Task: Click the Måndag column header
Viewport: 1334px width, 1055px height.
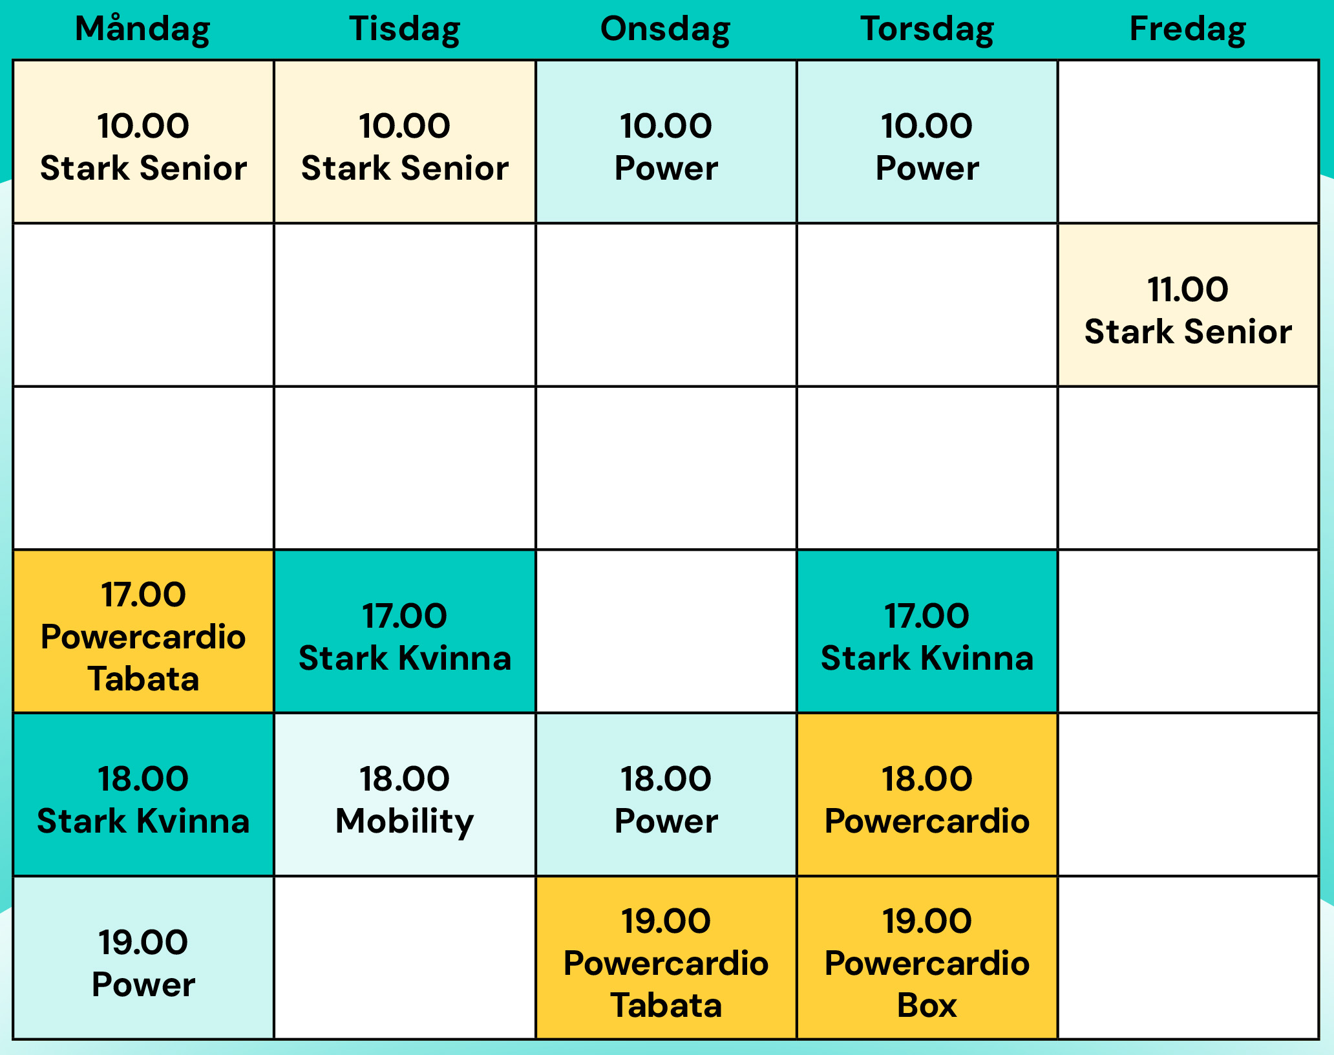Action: (143, 30)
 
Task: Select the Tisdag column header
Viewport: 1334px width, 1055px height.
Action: (405, 30)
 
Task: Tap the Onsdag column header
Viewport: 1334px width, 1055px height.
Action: (666, 30)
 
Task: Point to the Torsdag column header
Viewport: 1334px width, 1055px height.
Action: (927, 30)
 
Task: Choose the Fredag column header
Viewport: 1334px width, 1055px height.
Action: (1188, 30)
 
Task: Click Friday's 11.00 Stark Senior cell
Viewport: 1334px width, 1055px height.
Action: (1188, 305)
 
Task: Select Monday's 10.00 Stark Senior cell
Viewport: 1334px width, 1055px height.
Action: (143, 142)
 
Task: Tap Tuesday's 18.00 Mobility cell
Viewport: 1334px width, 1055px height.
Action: (405, 794)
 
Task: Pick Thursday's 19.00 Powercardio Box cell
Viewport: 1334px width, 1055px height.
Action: (927, 957)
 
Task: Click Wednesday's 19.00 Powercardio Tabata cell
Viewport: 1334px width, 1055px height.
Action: (666, 957)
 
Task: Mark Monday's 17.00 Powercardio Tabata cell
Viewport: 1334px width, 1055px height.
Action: (143, 631)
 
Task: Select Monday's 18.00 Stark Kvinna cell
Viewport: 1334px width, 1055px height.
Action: (143, 794)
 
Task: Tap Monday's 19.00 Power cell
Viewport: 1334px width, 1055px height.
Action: (143, 957)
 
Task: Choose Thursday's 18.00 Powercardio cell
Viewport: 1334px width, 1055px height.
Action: (927, 794)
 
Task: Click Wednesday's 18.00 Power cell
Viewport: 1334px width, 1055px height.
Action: (666, 794)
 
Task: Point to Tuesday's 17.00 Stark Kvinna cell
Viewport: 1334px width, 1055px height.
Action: (405, 631)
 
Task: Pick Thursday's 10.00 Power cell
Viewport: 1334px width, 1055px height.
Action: (927, 142)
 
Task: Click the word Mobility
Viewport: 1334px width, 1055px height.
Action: (405, 822)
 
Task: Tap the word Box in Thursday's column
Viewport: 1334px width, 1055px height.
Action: (927, 1005)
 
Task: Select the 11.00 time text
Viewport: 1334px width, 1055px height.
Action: (1188, 289)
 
